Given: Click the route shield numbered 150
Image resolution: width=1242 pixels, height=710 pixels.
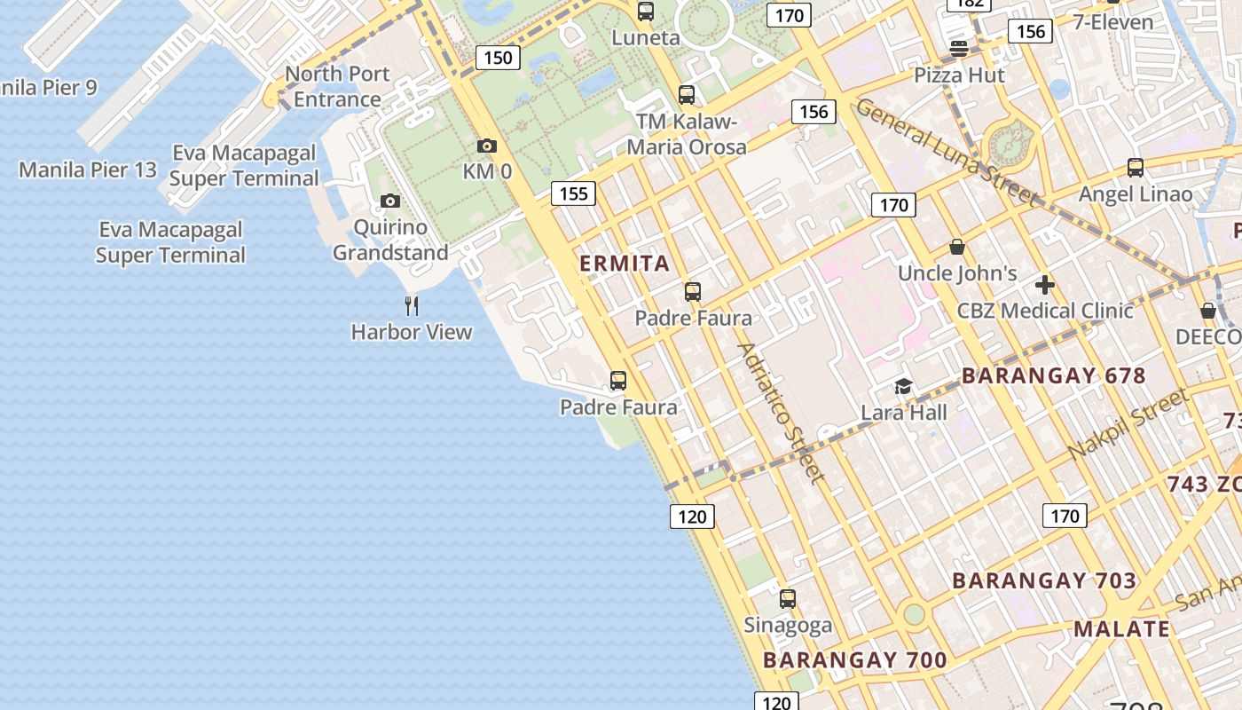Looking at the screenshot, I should tap(498, 58).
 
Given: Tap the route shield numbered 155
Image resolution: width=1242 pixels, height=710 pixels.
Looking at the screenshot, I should tap(573, 193).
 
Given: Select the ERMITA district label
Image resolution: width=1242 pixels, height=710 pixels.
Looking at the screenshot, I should tap(625, 264).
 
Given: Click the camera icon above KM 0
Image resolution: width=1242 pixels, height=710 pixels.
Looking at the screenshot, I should tap(486, 146).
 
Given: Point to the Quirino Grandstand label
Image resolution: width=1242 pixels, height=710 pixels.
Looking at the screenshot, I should tap(390, 241).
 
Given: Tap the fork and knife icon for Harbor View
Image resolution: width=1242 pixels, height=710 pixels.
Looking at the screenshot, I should tap(412, 306).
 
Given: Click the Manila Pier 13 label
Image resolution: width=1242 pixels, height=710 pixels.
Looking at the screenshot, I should tap(88, 170).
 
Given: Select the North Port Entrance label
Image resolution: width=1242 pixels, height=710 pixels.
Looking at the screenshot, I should tap(337, 87).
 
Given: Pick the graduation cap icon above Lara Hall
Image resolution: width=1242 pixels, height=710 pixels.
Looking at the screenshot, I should tap(903, 386).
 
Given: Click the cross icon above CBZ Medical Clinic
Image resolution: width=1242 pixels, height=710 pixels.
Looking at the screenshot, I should tap(1045, 285).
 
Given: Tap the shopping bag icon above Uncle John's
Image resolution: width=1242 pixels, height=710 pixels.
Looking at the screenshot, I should tap(956, 247).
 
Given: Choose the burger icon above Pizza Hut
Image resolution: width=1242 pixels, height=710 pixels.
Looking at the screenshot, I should tap(958, 49).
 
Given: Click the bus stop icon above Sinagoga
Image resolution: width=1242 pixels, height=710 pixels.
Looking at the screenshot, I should tap(787, 599).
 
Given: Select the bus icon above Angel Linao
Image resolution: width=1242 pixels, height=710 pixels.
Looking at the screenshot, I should tap(1135, 168).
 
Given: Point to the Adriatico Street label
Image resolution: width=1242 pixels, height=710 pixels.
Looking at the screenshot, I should tap(781, 414).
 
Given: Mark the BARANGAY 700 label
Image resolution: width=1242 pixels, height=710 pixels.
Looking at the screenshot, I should tap(854, 660).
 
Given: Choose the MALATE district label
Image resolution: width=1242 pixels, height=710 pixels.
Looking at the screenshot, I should tap(1121, 629).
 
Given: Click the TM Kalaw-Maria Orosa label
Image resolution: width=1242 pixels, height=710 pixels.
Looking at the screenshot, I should tap(687, 134).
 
